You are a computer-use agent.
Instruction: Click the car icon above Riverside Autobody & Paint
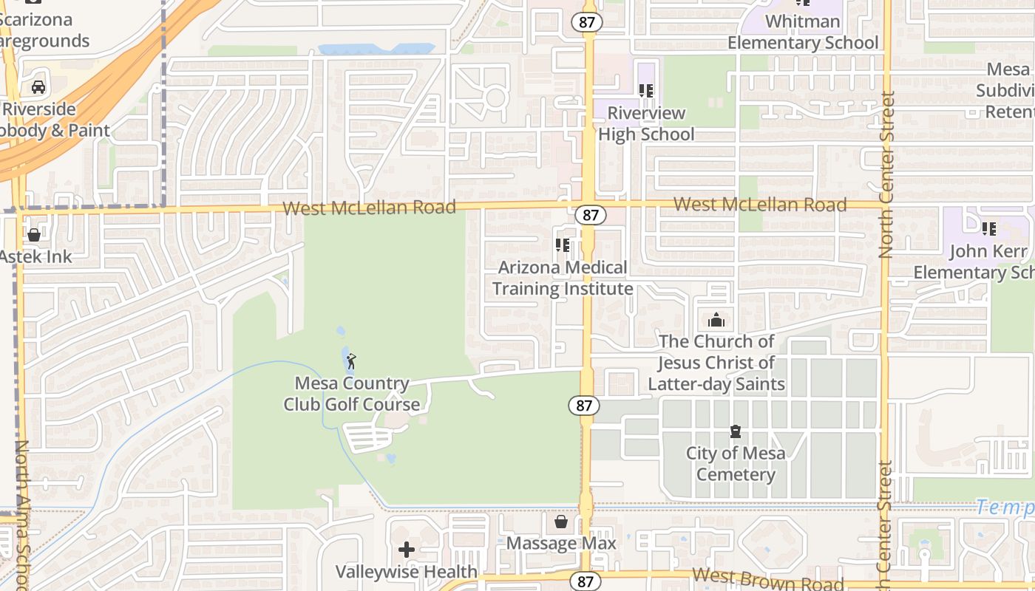[38, 87]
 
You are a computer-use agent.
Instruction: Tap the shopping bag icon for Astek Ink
[34, 235]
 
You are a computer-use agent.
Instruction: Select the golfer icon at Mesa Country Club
[351, 361]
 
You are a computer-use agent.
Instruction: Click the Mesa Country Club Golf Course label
[351, 394]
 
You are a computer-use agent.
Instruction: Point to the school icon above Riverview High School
[646, 91]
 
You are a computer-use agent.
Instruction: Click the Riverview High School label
[646, 123]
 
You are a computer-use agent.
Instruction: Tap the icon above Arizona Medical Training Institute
[563, 245]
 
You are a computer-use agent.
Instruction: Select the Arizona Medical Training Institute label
[563, 278]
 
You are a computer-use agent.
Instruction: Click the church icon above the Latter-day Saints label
[716, 320]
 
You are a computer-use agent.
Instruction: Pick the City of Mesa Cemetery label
[736, 463]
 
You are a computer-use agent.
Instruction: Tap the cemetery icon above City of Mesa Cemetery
[736, 431]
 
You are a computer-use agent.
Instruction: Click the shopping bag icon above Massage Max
[561, 522]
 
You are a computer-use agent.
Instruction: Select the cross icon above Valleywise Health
[407, 550]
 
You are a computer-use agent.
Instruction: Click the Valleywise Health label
[407, 571]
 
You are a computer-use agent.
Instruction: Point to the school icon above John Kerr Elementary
[989, 229]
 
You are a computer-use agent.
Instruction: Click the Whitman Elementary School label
[803, 32]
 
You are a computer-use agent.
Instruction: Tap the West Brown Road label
[767, 579]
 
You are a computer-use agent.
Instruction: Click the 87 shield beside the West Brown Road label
[586, 581]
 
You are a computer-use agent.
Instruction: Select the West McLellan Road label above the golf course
[369, 208]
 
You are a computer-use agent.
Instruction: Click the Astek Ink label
[35, 256]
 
